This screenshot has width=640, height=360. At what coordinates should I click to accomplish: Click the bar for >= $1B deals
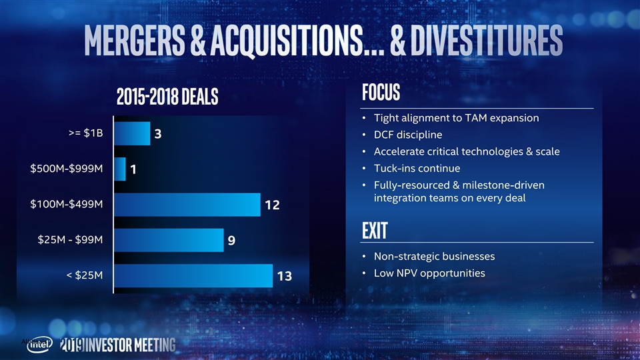coord(132,133)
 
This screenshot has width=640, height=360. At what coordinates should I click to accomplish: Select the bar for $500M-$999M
coord(120,169)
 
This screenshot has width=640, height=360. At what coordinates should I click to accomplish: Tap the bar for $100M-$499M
coord(187,205)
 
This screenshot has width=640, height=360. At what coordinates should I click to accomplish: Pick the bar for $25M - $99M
coord(169,240)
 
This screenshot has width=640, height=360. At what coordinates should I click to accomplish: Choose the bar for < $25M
coord(193,275)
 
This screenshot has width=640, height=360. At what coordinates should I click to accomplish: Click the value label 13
coord(285,276)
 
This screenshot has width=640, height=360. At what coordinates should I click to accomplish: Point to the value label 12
coord(272,205)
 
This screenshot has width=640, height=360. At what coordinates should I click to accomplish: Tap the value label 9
coord(231,241)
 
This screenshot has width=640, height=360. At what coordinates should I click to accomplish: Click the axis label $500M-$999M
coord(67,169)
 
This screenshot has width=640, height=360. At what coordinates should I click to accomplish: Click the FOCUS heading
coord(381,92)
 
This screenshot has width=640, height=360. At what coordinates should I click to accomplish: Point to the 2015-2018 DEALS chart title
coord(167,97)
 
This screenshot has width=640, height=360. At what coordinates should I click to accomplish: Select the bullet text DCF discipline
coord(407,135)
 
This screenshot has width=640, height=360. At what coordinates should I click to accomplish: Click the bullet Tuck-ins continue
coord(417,167)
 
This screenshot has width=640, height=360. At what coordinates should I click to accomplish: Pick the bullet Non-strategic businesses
coord(434,257)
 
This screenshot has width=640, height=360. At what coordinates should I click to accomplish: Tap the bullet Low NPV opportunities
coord(429,273)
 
